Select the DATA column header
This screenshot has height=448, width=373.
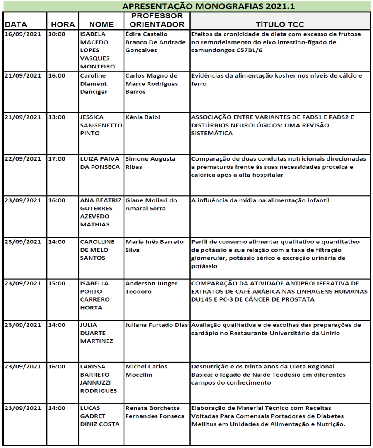[15, 24]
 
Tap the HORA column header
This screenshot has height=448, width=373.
[63, 24]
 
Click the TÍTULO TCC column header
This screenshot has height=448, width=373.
[280, 24]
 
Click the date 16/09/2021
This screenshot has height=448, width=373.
[23, 34]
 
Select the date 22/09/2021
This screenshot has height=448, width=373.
[23, 158]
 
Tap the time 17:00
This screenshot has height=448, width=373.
[57, 158]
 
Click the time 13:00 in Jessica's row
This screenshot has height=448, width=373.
[57, 117]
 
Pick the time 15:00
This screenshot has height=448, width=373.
[57, 283]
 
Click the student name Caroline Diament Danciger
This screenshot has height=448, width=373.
[94, 83]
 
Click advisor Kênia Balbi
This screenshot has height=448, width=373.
[142, 117]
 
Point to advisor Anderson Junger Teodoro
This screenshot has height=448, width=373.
[151, 287]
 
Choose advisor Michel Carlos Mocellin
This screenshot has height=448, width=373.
[146, 370]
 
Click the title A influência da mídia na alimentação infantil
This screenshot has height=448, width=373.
[260, 200]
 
